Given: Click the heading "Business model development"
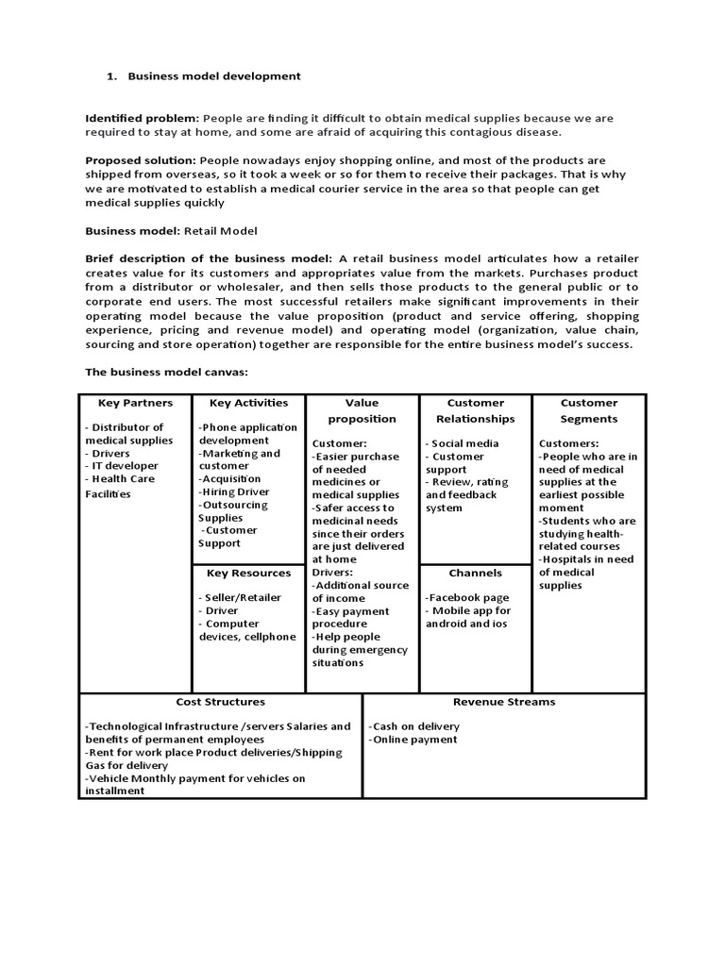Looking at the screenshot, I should point(213,75).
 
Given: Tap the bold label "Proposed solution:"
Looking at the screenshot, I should point(141,160).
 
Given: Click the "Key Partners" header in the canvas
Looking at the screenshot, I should point(135,403).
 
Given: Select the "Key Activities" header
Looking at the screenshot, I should point(248,403).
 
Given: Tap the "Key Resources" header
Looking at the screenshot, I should point(248,573).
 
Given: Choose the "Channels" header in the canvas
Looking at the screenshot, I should point(475,573).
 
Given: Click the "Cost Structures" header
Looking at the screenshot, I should point(220,702).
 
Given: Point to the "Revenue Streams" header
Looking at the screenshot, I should point(504,702).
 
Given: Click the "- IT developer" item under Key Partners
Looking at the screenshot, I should point(122,466).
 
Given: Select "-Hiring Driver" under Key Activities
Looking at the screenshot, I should point(233,491).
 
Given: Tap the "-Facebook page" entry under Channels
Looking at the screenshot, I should point(467,597).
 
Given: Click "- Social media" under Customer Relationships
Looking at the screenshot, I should point(462,443).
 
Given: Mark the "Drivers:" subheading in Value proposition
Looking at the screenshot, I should point(332,572).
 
